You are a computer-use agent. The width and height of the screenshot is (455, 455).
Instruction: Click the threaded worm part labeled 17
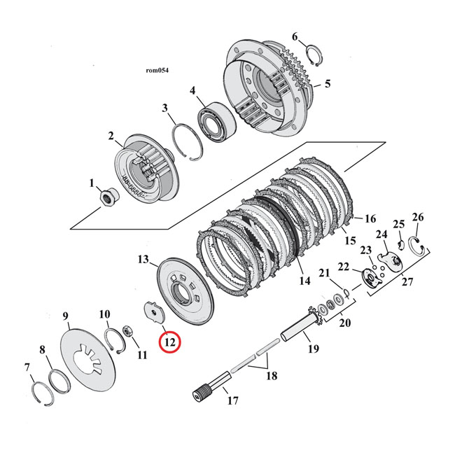click(x=211, y=388)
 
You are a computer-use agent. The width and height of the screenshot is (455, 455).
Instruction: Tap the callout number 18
click(x=271, y=376)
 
